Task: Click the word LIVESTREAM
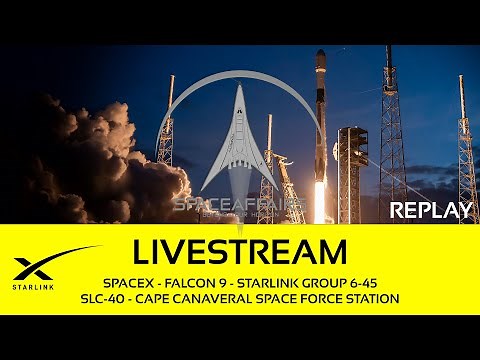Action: click(x=239, y=249)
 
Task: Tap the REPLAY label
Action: click(x=431, y=210)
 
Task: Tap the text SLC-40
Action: click(x=103, y=298)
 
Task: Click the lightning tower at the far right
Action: click(x=466, y=150)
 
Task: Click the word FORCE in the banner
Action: click(x=315, y=298)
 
